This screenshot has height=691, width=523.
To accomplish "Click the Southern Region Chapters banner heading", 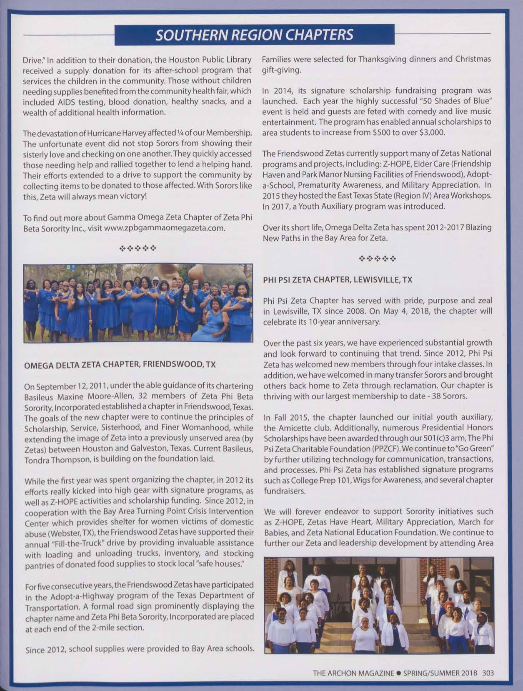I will pos(254,35).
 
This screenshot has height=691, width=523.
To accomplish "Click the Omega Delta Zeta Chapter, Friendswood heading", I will pos(120,365).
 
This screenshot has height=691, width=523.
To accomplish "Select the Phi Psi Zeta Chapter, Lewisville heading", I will pos(337,280).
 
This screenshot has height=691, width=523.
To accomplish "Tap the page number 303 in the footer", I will pos(488,673).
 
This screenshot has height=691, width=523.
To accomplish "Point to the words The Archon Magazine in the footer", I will pos(353,673).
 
